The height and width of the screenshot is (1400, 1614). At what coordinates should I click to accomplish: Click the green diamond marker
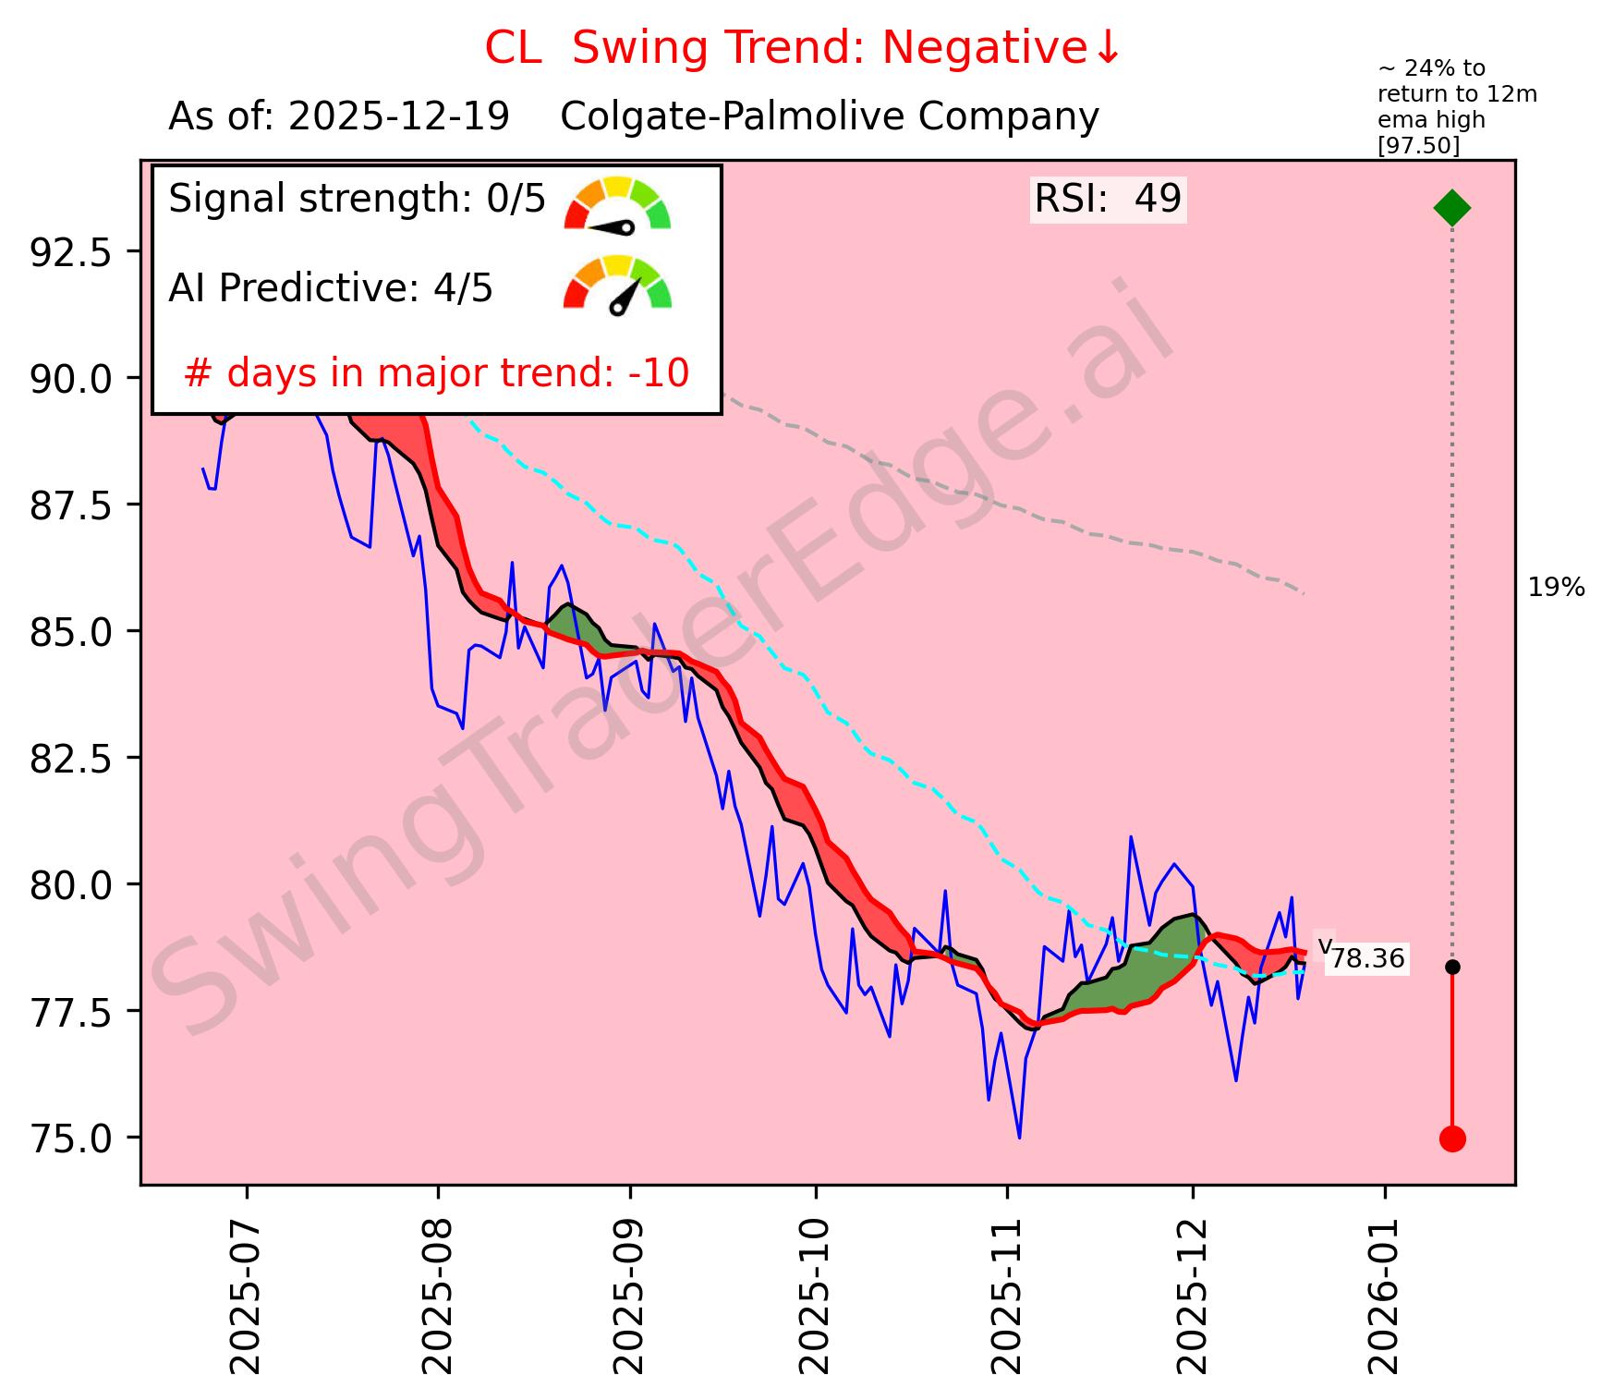(1451, 207)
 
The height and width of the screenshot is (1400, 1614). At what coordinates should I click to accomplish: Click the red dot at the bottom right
(1451, 1138)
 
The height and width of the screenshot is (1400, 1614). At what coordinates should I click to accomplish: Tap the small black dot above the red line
(1451, 967)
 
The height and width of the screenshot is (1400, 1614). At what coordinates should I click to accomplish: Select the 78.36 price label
(1367, 959)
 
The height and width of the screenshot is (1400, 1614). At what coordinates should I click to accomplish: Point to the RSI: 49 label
(1108, 199)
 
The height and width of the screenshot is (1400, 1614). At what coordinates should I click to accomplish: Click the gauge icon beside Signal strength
(617, 203)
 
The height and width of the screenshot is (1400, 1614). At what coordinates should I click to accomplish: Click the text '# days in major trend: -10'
(436, 373)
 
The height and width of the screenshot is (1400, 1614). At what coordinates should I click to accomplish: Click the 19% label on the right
(1556, 588)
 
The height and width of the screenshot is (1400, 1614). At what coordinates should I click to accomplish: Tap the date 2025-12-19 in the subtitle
(398, 117)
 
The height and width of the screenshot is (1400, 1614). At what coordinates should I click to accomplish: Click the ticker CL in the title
(513, 48)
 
